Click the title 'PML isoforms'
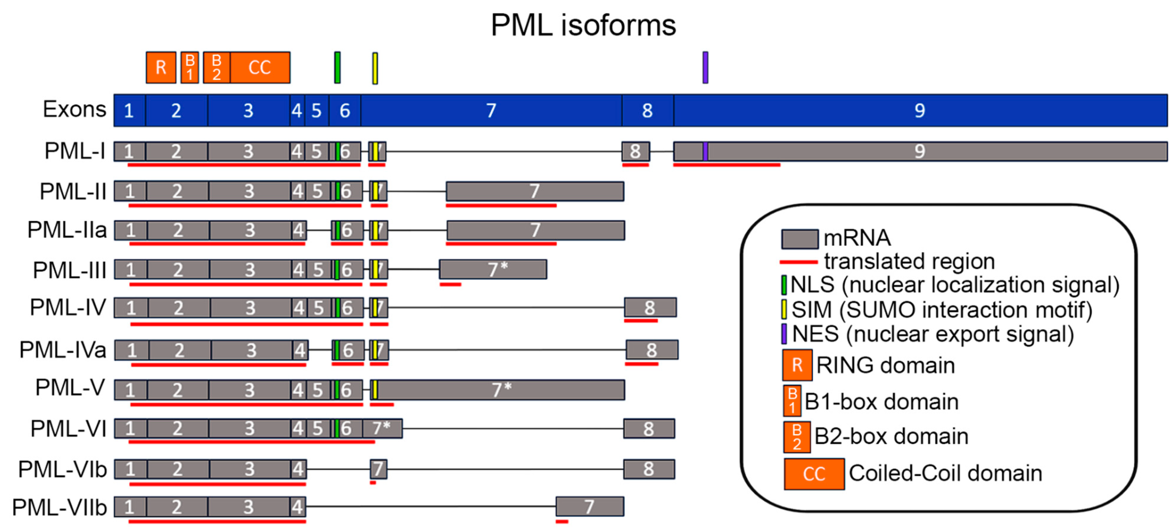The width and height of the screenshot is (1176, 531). tap(583, 25)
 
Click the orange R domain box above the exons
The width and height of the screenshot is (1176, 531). tap(161, 67)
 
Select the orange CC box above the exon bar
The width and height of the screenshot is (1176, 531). tap(260, 67)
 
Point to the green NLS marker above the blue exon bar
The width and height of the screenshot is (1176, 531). tap(337, 67)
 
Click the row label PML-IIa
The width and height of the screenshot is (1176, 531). tap(67, 230)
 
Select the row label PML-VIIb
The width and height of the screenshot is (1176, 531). tap(60, 508)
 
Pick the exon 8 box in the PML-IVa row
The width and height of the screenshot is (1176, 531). tap(652, 350)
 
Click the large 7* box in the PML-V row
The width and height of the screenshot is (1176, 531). tap(501, 390)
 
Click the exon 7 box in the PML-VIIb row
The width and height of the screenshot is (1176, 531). tap(589, 507)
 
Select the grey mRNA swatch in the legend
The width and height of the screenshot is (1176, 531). tap(799, 239)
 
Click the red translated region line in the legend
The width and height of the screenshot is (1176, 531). tap(799, 262)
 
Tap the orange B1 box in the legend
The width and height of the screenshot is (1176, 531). tap(792, 401)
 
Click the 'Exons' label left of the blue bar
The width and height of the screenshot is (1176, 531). tap(75, 110)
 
